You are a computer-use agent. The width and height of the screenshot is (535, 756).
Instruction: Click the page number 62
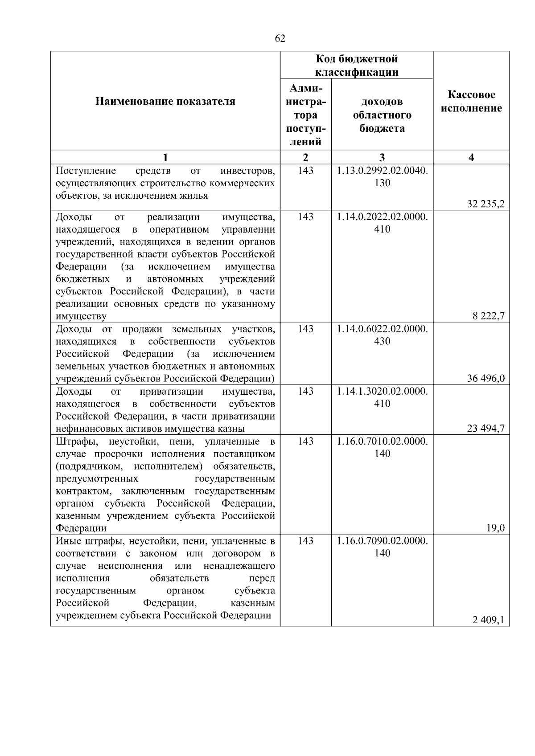[280, 39]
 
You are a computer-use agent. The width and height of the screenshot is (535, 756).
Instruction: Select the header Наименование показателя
[165, 102]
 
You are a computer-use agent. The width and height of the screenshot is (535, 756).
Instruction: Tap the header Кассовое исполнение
[471, 102]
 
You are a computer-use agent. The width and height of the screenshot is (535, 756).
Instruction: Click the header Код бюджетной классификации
[357, 65]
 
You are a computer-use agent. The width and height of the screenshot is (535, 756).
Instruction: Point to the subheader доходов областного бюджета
[382, 115]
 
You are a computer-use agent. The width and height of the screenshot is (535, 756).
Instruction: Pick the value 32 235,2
[486, 204]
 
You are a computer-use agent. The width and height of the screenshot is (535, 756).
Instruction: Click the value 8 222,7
[489, 316]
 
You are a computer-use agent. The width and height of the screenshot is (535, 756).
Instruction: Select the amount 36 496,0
[486, 379]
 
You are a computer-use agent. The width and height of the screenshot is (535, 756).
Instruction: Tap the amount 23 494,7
[486, 429]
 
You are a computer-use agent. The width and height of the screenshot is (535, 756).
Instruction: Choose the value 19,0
[495, 528]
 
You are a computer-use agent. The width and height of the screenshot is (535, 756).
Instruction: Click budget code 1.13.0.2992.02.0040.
[382, 171]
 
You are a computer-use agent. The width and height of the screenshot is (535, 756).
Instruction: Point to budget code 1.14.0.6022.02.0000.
[382, 329]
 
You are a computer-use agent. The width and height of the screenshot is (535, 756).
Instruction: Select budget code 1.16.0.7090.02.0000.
[382, 541]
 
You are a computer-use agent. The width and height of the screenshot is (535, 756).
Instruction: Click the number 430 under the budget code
[382, 341]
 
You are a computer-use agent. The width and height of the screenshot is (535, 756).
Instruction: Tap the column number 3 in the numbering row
[382, 157]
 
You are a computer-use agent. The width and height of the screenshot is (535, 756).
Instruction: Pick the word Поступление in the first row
[86, 171]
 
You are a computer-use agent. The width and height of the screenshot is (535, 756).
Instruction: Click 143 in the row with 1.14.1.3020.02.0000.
[306, 391]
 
